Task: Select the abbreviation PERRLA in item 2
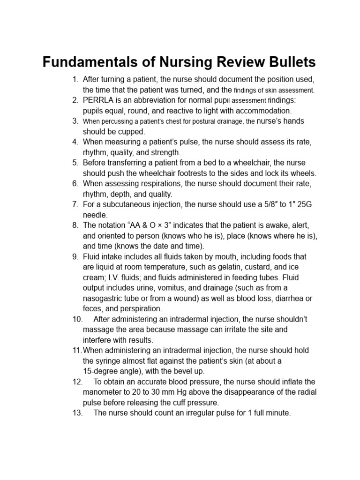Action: tap(98, 100)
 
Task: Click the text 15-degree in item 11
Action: tap(100, 371)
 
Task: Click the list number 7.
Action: tap(75, 204)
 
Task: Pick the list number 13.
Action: tap(78, 413)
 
